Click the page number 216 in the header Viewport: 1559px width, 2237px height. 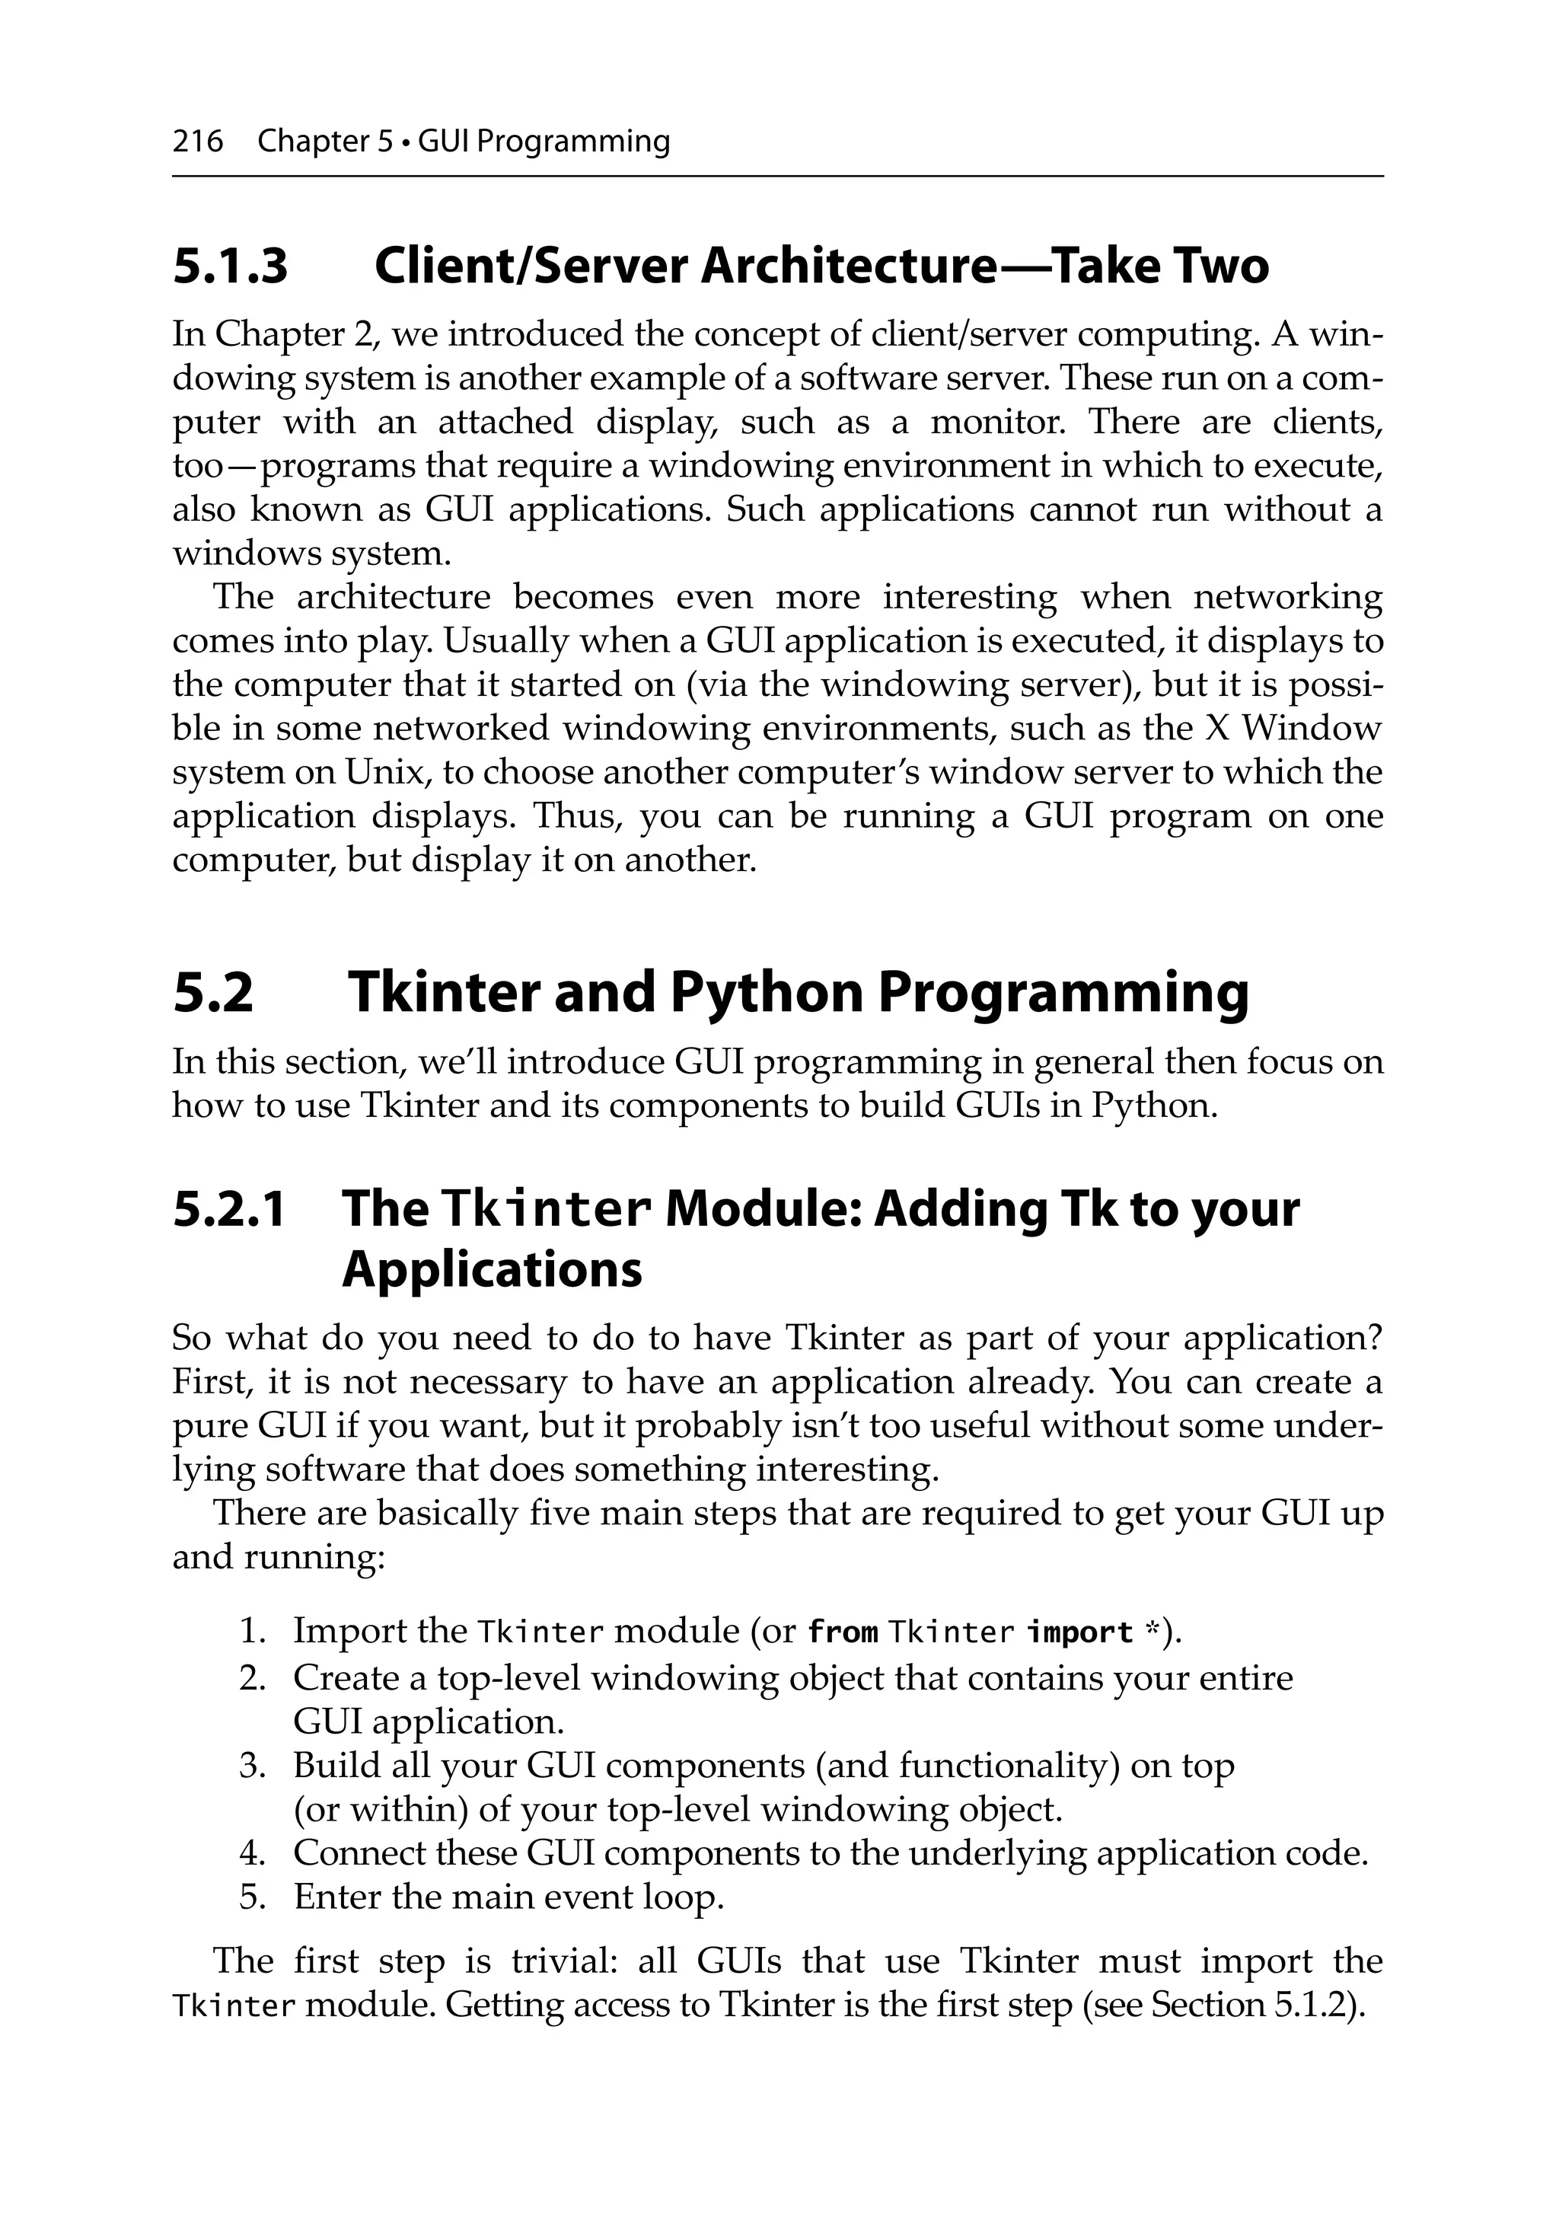tap(198, 142)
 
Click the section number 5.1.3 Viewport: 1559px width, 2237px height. tap(230, 266)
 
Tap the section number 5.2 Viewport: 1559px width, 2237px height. tap(213, 992)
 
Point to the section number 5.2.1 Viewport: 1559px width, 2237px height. tap(229, 1208)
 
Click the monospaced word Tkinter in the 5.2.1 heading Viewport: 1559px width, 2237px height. tap(546, 1209)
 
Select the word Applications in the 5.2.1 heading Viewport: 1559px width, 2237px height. tap(492, 1269)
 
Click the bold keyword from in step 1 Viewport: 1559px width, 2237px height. tap(843, 1632)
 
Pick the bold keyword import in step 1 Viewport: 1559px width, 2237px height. tap(1079, 1632)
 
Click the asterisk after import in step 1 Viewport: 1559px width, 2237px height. tap(1154, 1629)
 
